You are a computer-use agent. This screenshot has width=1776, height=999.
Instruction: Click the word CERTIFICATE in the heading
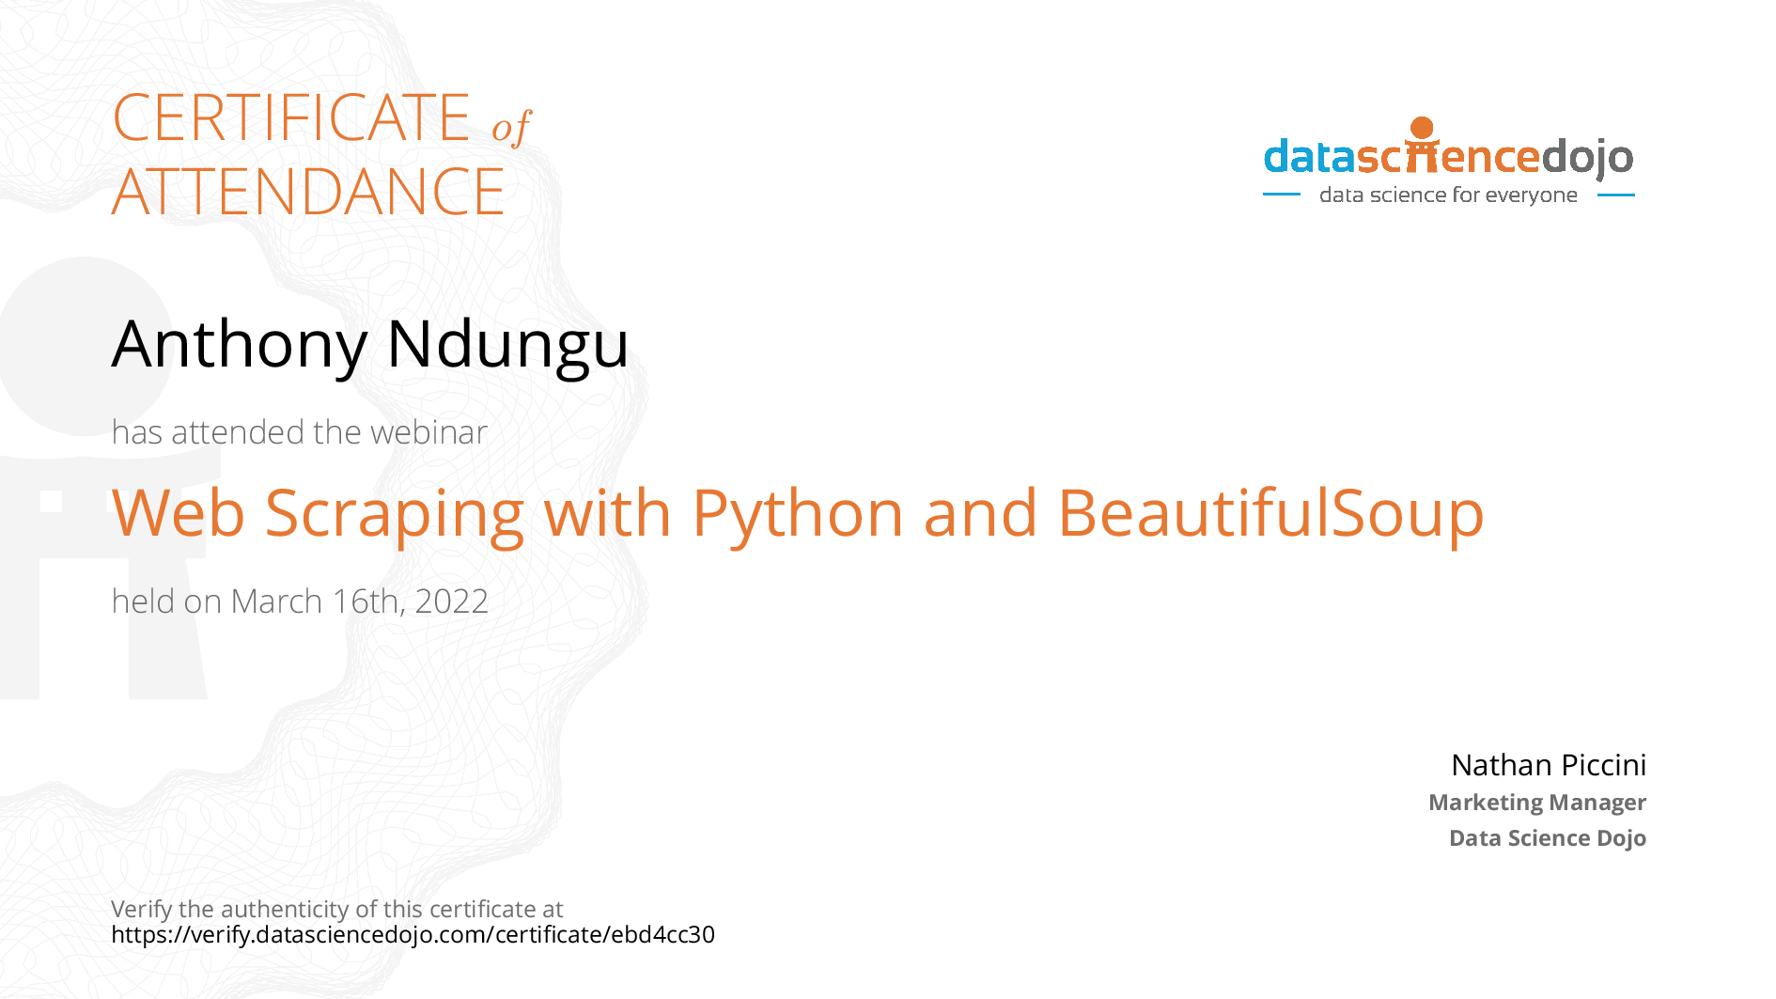coord(291,117)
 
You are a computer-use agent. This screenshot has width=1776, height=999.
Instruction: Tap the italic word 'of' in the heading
coord(511,127)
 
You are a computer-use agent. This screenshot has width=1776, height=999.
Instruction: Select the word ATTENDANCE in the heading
coord(308,192)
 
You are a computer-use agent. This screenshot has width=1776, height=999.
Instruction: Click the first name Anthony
coord(240,345)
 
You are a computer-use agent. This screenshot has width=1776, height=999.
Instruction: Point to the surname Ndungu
coord(507,345)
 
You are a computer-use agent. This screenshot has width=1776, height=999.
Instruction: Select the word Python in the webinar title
coord(798,514)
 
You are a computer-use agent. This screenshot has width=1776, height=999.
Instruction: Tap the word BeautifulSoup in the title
coord(1270,514)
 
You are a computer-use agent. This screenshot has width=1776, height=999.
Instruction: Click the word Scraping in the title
coord(394,514)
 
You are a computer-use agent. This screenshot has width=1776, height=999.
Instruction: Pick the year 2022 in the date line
coord(452,601)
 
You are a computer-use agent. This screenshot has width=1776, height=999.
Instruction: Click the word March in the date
coord(276,601)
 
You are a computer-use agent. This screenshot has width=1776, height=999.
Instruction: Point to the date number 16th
coord(369,601)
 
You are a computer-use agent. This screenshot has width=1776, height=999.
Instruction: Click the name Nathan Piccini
coord(1549,765)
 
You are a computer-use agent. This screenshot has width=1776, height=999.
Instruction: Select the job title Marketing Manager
coord(1537,803)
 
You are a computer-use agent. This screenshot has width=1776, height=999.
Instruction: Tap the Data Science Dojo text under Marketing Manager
coord(1548,837)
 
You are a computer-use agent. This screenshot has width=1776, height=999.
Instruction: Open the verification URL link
coord(413,935)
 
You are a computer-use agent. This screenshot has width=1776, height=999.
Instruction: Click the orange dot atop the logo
coord(1423,128)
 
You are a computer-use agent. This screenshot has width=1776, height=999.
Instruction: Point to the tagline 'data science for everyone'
coord(1448,195)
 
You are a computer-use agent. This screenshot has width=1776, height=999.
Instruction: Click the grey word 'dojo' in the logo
coord(1587,158)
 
